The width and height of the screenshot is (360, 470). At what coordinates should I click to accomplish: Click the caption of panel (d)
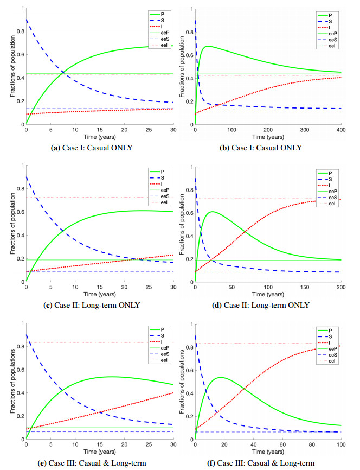pyautogui.click(x=268, y=305)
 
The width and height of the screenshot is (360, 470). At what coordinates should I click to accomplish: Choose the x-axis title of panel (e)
pyautogui.click(x=99, y=452)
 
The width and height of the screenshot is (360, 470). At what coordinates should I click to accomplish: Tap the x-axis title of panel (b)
pyautogui.click(x=268, y=137)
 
